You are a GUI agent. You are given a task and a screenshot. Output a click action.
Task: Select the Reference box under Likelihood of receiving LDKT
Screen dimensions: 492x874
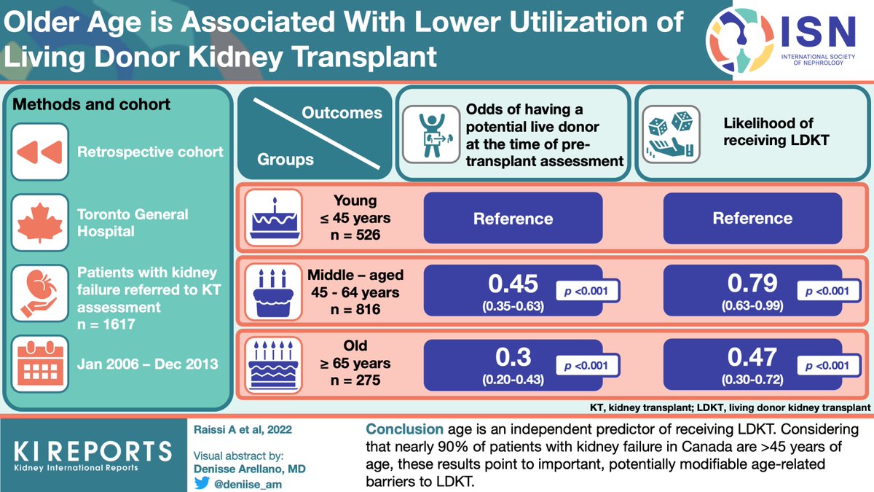point(752,218)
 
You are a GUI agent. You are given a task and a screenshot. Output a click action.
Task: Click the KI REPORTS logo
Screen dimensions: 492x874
point(94,453)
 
